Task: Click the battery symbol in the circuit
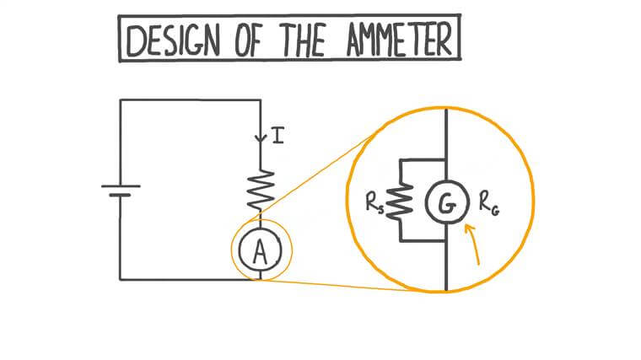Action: click(x=121, y=191)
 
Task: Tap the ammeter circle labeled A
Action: click(x=260, y=250)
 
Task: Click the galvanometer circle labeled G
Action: click(x=445, y=202)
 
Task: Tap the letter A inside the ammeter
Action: click(x=260, y=250)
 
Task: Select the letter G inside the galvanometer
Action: click(x=445, y=202)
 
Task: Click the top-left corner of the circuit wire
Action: click(x=121, y=100)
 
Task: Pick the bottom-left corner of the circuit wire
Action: click(x=121, y=279)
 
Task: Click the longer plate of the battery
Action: click(x=121, y=185)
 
